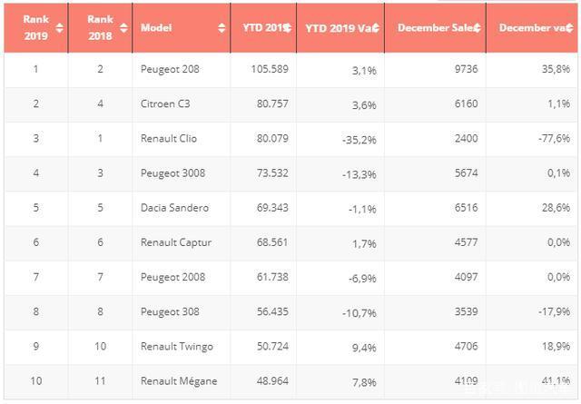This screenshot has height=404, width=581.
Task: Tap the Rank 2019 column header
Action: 35,27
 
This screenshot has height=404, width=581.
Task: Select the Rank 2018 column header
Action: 99,27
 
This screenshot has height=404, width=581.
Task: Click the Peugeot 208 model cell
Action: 169,69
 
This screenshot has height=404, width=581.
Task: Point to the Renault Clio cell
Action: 169,138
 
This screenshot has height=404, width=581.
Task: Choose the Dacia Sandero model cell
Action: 174,208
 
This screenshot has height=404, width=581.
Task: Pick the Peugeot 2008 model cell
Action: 172,277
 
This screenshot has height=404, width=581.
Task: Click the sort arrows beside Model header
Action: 222,27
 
